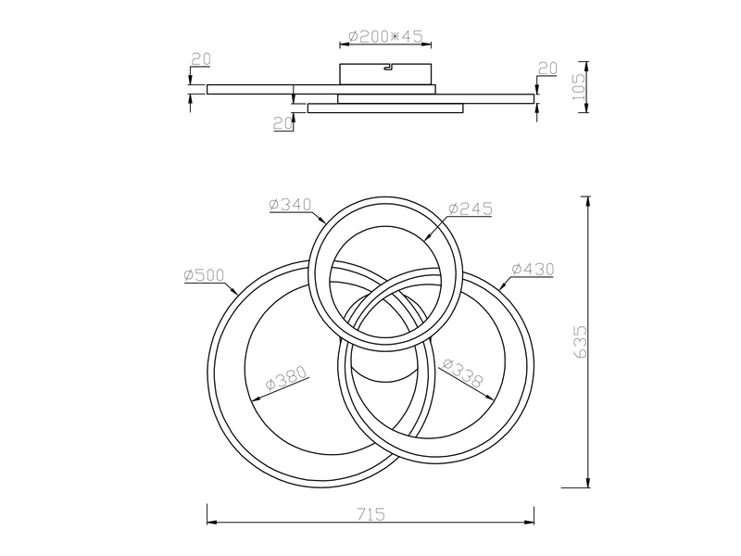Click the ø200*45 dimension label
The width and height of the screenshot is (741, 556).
coord(385,36)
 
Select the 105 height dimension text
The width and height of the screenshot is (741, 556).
coord(578,86)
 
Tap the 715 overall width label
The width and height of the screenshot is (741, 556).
coord(370,513)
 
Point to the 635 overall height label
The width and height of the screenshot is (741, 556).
coord(580,341)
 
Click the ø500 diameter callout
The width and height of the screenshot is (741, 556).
coord(204,274)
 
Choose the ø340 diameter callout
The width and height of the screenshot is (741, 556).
coord(290,204)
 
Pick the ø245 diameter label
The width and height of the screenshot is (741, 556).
coord(471,208)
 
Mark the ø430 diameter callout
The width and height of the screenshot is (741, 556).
coord(533,269)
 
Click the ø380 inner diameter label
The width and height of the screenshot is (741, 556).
coord(285,376)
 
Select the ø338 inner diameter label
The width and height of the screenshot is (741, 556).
coord(463,372)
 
